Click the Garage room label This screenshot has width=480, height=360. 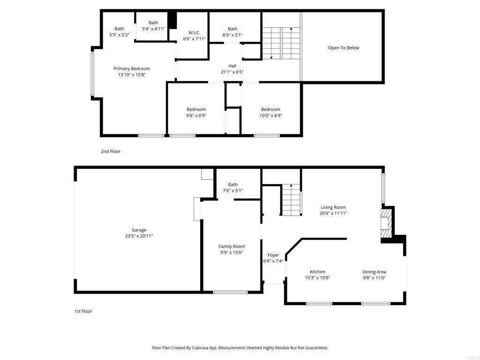tap(139, 230)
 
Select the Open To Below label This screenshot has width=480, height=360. tap(344, 48)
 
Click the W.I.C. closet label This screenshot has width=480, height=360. tap(195, 32)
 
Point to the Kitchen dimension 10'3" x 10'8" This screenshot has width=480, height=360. tap(317, 277)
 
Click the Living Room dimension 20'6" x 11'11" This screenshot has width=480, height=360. tap(333, 213)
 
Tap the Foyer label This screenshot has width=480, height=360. tap(273, 255)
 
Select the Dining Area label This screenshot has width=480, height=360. tap(374, 271)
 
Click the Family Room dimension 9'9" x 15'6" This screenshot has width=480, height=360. tap(232, 252)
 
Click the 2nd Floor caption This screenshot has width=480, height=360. tap(111, 151)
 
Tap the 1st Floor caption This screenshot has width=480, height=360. tap(83, 311)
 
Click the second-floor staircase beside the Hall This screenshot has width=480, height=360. tap(281, 43)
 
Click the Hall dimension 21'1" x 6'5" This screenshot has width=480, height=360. tap(232, 72)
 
